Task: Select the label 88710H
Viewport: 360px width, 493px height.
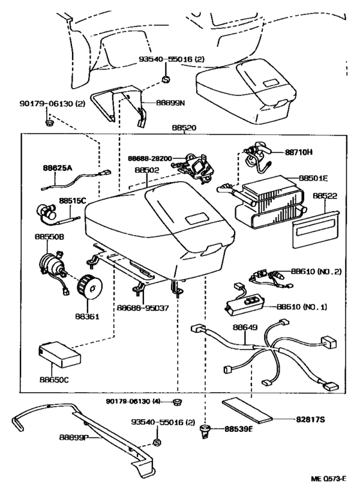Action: click(x=296, y=152)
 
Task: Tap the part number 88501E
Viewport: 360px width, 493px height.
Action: click(x=313, y=178)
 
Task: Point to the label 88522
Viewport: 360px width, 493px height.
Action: click(x=325, y=195)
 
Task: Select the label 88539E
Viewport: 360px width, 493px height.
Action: click(x=239, y=429)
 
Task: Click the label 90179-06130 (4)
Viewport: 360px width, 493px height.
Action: click(x=133, y=402)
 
